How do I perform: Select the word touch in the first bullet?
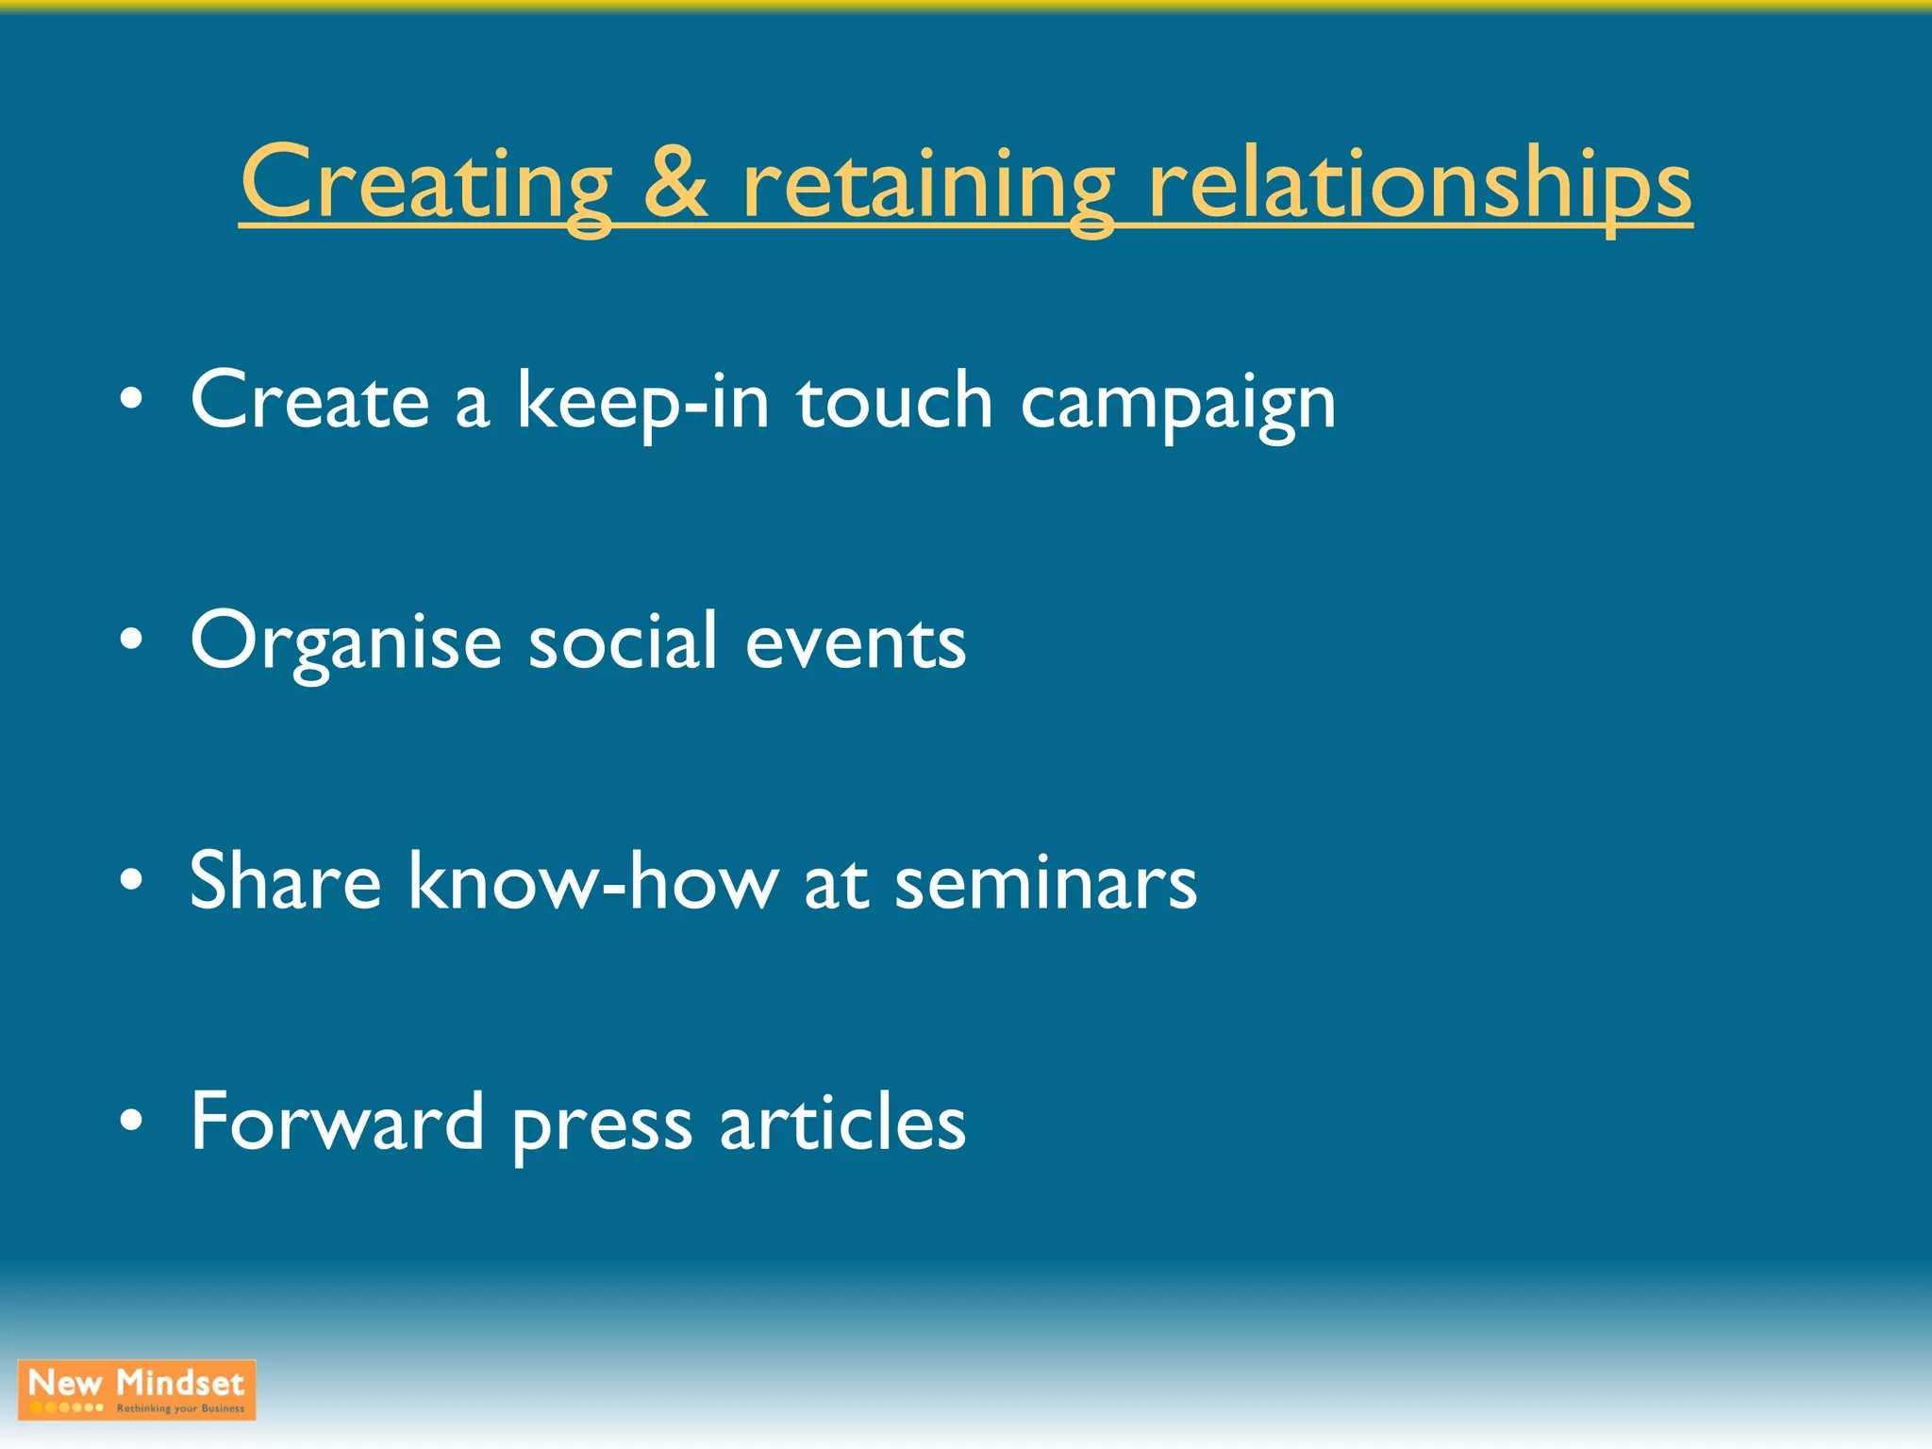[x=894, y=400]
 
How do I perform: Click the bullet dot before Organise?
[x=132, y=641]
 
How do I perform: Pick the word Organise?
[x=345, y=641]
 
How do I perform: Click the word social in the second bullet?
[x=623, y=641]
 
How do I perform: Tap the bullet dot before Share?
[x=132, y=881]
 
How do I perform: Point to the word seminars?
[x=1045, y=883]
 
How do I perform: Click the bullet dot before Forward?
[x=132, y=1122]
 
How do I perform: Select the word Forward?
[x=337, y=1122]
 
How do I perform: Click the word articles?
[x=842, y=1122]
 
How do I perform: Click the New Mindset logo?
[x=137, y=1390]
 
